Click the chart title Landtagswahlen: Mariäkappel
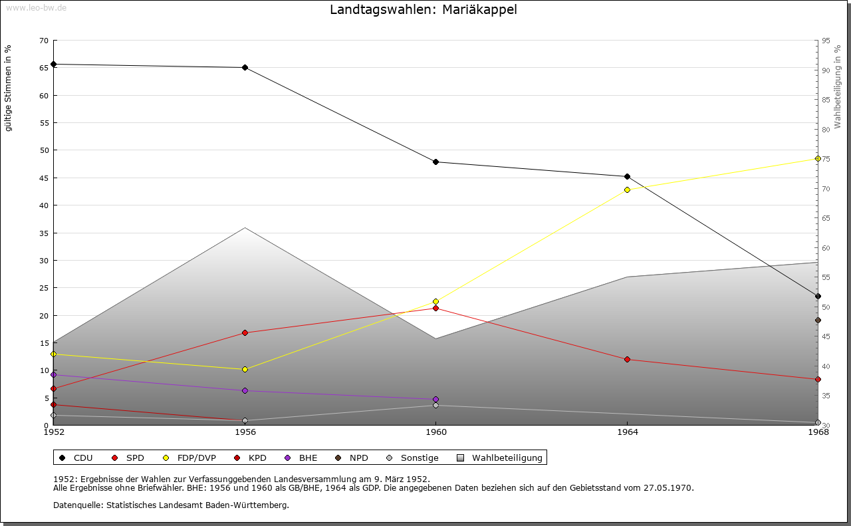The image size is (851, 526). click(x=424, y=9)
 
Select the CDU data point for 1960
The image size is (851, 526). click(x=435, y=162)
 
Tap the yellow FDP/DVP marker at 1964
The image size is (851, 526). click(x=627, y=190)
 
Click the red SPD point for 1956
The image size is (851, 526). click(x=245, y=333)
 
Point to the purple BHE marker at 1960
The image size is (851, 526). click(x=435, y=400)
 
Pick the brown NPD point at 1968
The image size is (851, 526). click(x=818, y=321)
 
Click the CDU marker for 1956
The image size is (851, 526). click(x=245, y=68)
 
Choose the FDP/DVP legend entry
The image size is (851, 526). click(x=189, y=458)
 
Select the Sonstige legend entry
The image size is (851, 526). click(x=412, y=458)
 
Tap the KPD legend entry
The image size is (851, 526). click(x=250, y=458)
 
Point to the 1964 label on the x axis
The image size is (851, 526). click(x=628, y=432)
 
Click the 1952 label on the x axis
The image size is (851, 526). click(x=54, y=432)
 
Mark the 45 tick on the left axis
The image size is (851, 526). click(x=44, y=178)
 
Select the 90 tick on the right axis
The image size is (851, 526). click(x=826, y=70)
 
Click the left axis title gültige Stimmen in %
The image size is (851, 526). click(x=8, y=88)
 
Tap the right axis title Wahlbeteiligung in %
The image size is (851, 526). click(x=838, y=87)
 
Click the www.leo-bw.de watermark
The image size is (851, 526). click(x=36, y=7)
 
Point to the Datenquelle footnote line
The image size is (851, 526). click(x=171, y=505)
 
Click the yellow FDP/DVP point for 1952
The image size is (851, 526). click(x=54, y=354)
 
